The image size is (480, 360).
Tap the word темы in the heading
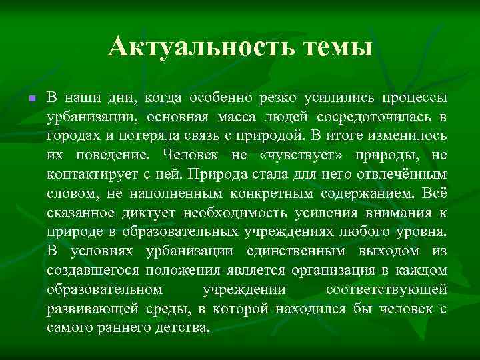(336, 47)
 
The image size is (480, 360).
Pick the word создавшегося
(87, 271)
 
